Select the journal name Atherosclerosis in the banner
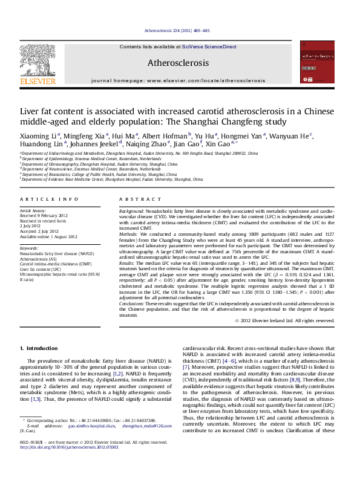click(178, 63)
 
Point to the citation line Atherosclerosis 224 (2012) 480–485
click(178, 30)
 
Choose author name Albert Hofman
click(165, 135)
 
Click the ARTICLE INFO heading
click(49, 199)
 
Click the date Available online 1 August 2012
click(49, 237)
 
